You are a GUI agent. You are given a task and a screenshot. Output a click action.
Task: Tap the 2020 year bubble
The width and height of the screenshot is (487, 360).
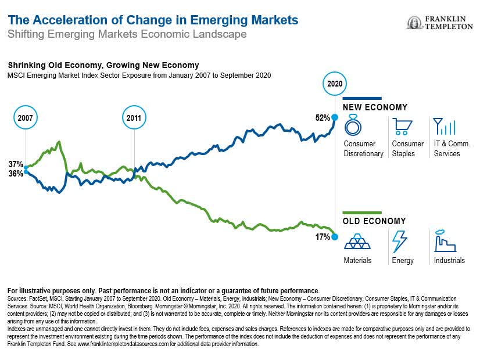[x=334, y=84]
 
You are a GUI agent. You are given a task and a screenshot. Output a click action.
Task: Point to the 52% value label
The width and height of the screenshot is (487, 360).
[x=323, y=118]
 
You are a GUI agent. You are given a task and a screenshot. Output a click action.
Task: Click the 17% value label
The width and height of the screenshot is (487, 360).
[x=323, y=237]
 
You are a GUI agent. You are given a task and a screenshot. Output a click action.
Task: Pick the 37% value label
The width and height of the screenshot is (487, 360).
[x=16, y=164]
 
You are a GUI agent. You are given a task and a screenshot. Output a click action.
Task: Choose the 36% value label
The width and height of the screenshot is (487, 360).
[x=16, y=174]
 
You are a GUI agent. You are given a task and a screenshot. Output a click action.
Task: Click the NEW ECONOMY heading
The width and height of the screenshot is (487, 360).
[x=375, y=107]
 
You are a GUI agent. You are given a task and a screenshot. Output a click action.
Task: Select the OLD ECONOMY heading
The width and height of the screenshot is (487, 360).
[x=374, y=221]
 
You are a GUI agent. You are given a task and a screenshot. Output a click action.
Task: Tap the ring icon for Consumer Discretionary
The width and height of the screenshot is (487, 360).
[x=353, y=125]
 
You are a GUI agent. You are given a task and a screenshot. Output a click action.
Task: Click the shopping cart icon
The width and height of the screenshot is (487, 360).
[x=402, y=125]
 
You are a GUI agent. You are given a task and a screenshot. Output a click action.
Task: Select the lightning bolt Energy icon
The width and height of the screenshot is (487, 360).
[x=400, y=240]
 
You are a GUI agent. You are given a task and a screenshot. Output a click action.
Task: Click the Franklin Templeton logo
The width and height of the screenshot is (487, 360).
[x=441, y=23]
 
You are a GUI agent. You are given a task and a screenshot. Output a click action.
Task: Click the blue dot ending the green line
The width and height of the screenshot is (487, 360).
[x=335, y=237]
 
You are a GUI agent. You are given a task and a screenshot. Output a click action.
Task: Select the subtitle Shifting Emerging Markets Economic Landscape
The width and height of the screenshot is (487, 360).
[x=127, y=34]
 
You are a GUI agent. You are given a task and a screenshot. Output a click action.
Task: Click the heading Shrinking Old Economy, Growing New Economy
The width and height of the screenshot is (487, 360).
[x=103, y=66]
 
